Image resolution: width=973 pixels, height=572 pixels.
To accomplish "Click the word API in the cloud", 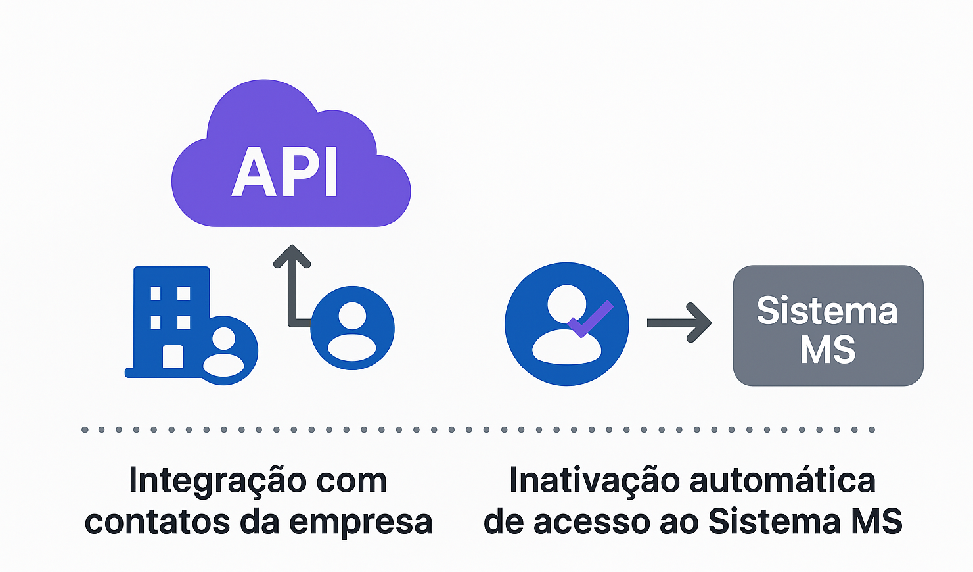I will pos(285,172).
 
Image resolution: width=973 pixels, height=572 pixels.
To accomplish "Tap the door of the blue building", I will pos(173,356).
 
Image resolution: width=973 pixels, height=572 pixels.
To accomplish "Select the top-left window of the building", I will pos(156,293).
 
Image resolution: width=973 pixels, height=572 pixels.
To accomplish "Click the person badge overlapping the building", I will pos(224,350).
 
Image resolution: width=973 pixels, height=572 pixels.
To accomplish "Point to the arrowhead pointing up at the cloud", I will pos(292,255).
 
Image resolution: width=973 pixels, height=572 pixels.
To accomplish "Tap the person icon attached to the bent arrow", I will pos(352,327).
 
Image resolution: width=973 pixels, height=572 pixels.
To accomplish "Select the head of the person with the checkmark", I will pos(566,304).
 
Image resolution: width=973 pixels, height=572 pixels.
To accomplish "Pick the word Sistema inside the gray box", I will pos(826,310).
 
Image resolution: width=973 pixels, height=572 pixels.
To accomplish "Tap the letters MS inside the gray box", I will pos(828,350).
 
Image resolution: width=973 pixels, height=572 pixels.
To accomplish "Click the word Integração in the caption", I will pos(217,481).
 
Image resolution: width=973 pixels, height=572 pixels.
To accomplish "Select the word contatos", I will pos(157,522).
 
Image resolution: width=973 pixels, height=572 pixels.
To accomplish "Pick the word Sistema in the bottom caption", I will pos(774,522).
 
